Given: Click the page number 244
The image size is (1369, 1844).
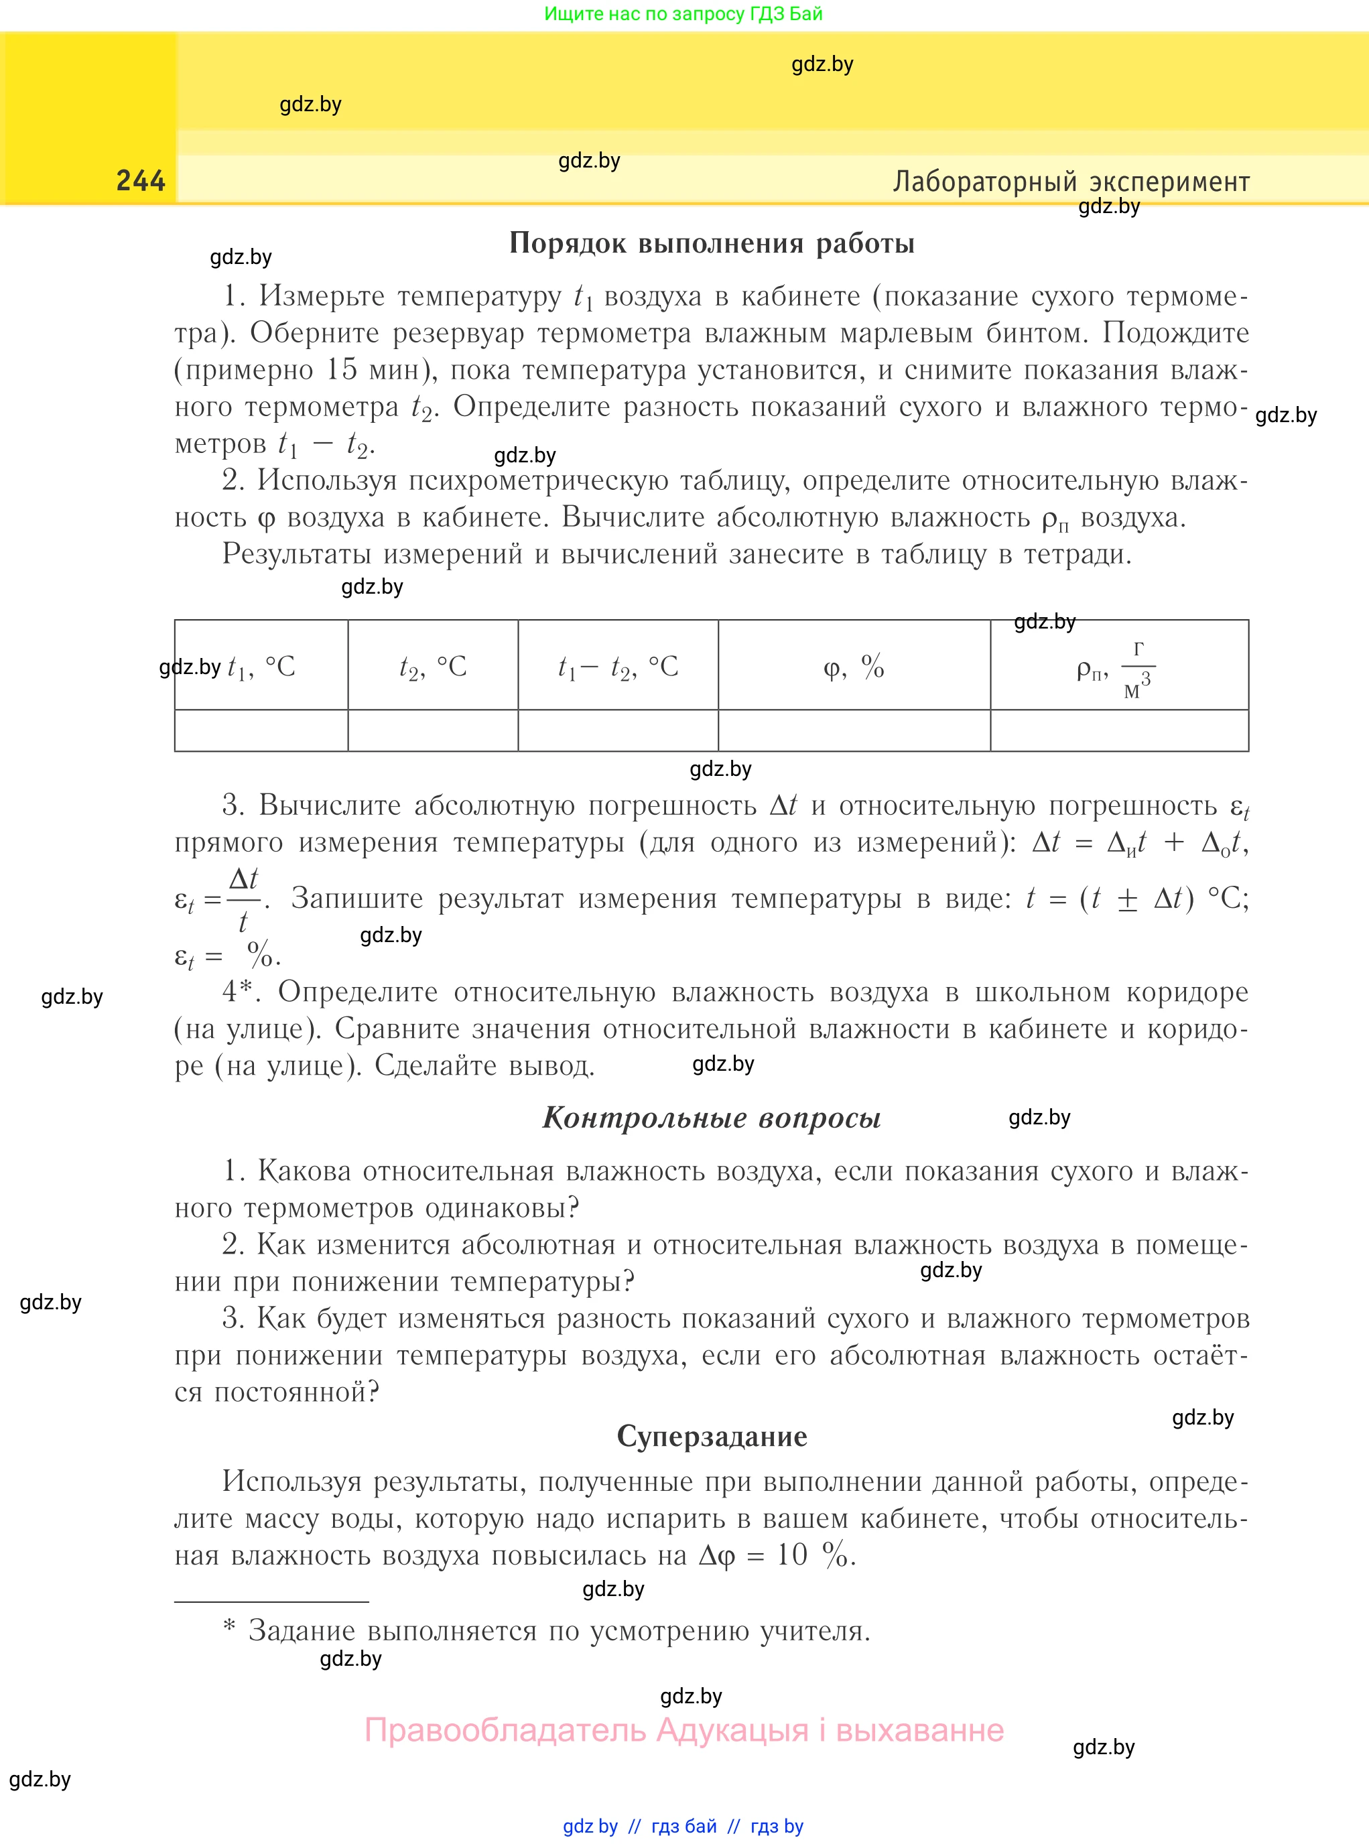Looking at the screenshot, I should point(141,181).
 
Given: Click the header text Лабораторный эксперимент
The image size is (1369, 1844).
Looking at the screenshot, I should point(1071,182).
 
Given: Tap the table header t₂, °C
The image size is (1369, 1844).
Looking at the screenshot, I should point(433,666).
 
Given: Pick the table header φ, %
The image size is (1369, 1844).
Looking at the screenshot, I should point(854,666).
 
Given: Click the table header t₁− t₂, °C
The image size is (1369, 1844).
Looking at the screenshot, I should point(618,666).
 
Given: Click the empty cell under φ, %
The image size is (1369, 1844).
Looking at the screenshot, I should point(854,730).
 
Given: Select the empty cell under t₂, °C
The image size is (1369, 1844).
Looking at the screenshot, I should point(433,730).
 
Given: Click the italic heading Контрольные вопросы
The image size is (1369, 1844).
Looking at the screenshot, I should point(712,1118).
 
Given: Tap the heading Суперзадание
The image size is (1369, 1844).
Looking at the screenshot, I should point(712,1436).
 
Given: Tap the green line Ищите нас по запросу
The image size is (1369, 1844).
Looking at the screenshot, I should point(683,13).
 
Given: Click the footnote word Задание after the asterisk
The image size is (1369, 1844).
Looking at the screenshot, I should point(302,1630).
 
